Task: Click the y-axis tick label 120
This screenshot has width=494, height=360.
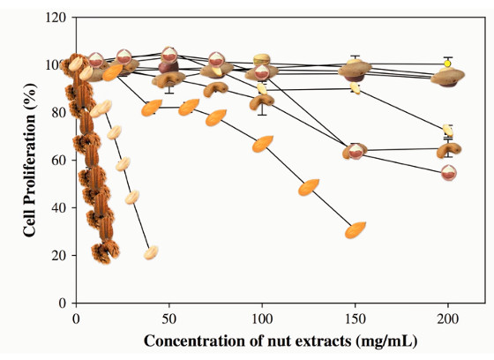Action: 56,18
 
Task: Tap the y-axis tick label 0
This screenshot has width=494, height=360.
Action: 63,303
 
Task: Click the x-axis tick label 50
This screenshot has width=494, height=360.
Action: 169,319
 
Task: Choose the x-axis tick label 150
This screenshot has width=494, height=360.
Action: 355,319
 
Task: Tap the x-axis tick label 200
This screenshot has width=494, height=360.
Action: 448,319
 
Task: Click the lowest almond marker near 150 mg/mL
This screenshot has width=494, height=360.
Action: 356,229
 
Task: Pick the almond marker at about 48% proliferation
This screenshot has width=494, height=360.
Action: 309,187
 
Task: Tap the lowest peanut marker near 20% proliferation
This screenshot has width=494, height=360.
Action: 151,252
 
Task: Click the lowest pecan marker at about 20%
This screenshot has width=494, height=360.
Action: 106,251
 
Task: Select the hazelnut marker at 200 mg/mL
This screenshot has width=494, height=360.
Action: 449,173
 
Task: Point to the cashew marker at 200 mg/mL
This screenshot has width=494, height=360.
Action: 449,151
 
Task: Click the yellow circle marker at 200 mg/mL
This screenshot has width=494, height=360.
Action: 447,64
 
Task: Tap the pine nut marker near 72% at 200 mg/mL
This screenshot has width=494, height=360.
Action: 448,131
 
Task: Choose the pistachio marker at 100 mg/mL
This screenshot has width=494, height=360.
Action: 262,59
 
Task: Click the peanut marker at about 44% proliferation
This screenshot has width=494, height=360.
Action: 132,197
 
